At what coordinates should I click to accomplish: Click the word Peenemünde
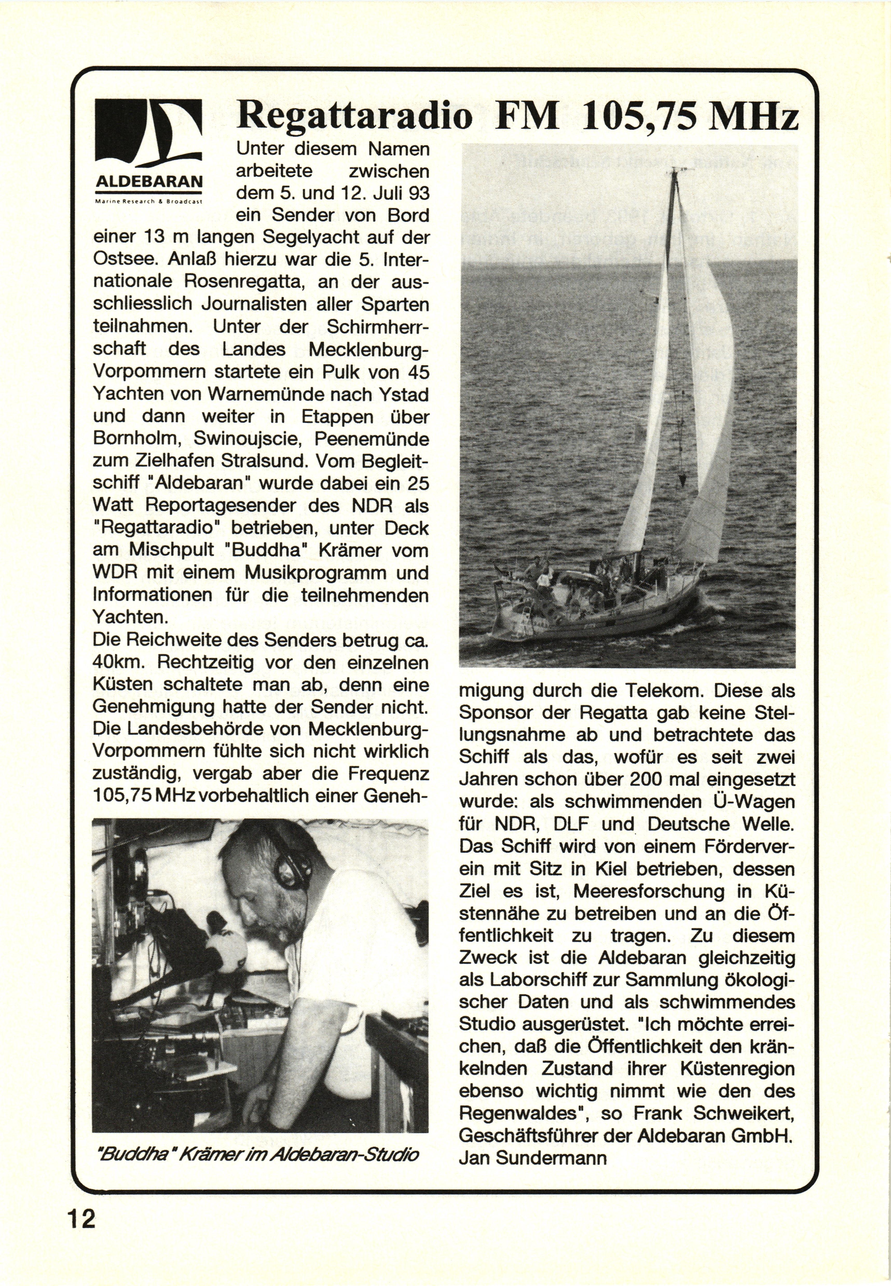[372, 438]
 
